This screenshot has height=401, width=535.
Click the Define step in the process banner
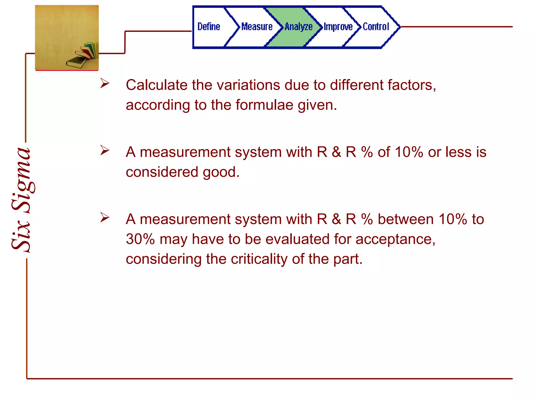[209, 27]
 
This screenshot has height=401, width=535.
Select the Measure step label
[257, 27]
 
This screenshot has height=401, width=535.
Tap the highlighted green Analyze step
[299, 27]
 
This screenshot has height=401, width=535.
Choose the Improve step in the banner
[338, 27]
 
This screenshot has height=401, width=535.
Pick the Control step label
[376, 27]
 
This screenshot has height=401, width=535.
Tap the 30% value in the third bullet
[140, 239]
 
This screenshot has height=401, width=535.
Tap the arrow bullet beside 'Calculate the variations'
[105, 83]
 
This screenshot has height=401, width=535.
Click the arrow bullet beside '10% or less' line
[105, 150]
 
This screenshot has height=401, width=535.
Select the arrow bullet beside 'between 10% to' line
[105, 217]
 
